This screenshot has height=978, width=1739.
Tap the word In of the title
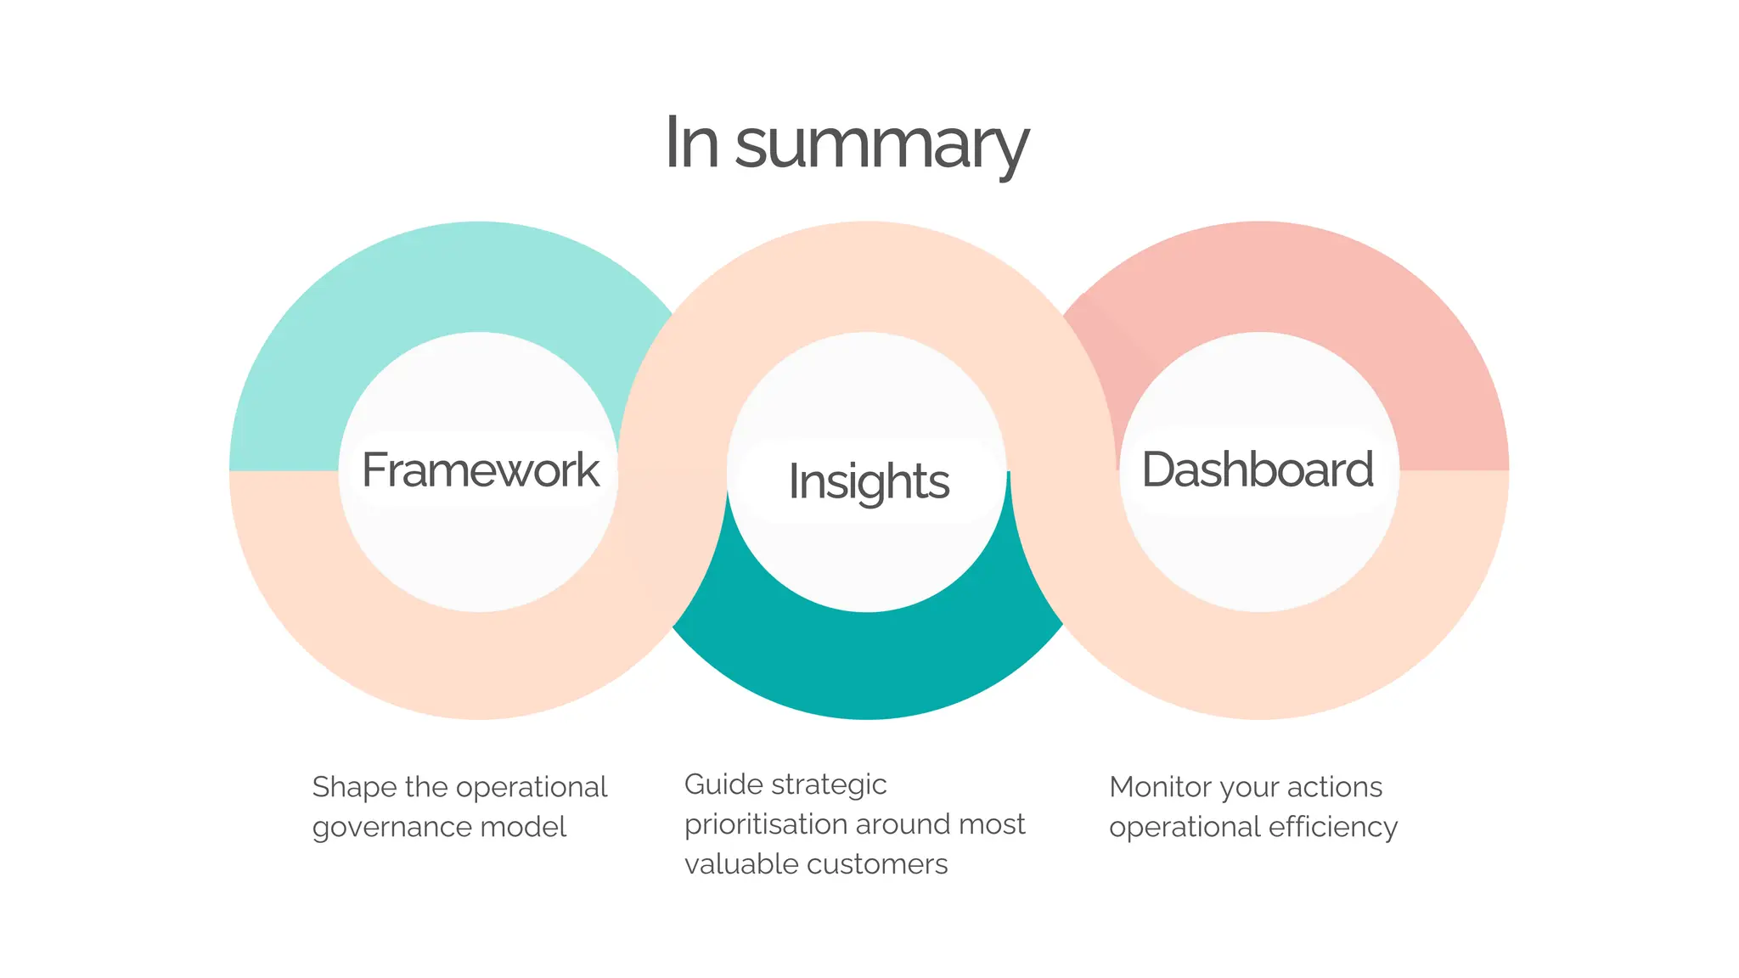pyautogui.click(x=691, y=143)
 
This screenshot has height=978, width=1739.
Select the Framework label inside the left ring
pyautogui.click(x=480, y=469)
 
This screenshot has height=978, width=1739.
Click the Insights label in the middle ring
pyautogui.click(x=868, y=481)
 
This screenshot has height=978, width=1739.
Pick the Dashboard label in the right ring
pyautogui.click(x=1257, y=469)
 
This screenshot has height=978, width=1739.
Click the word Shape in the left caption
pyautogui.click(x=354, y=787)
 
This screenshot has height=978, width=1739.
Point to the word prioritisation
pyautogui.click(x=765, y=824)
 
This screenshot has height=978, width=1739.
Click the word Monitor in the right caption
pyautogui.click(x=1160, y=787)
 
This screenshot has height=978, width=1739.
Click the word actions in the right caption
pyautogui.click(x=1334, y=787)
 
